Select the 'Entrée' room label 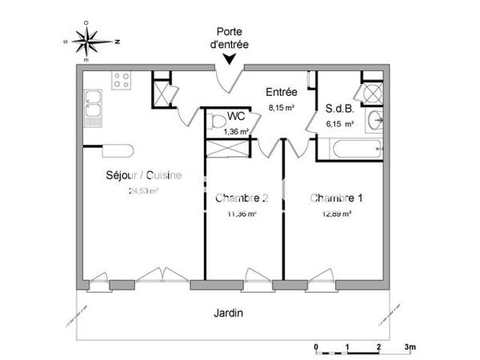(x=281, y=93)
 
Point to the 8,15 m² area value (x=281, y=105)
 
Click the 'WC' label (x=235, y=118)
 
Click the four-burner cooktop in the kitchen (x=122, y=80)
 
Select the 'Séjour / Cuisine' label (x=144, y=176)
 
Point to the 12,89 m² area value (x=337, y=213)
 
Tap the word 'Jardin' (x=230, y=313)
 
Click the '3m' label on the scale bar (x=410, y=346)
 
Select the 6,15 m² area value (x=339, y=124)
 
